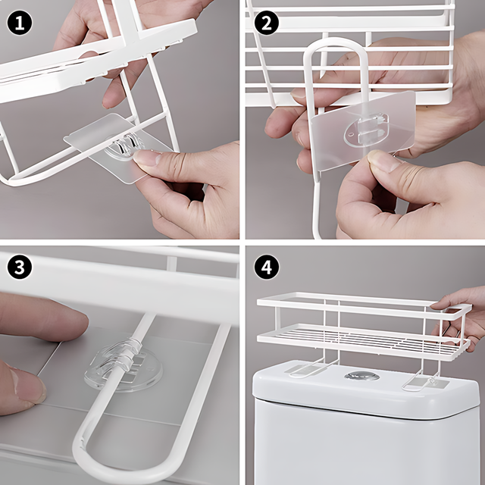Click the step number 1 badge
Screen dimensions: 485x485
[20, 23]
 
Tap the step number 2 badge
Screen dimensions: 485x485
[266, 23]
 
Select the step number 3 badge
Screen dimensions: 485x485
[20, 267]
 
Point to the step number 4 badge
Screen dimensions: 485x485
[266, 267]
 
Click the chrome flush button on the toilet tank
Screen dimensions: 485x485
[362, 376]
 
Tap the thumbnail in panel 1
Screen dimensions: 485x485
[146, 157]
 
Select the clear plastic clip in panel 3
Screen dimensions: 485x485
[123, 364]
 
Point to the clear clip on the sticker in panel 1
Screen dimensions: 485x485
[124, 145]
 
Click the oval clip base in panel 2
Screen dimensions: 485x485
[366, 130]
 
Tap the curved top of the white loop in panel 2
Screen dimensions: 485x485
[336, 42]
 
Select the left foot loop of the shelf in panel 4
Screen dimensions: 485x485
[312, 368]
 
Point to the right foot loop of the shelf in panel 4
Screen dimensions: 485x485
[421, 381]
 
